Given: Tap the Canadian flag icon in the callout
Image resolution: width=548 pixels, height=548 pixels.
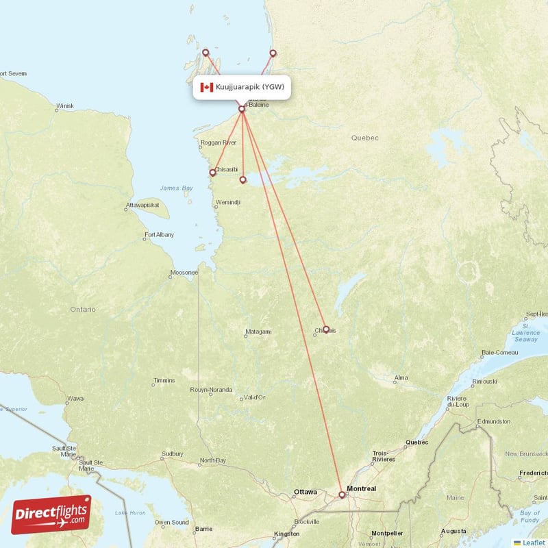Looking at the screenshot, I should click(206, 87).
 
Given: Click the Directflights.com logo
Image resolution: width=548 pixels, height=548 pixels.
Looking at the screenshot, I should click(51, 514).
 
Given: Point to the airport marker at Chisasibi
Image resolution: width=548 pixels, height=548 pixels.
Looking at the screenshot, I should click(212, 173).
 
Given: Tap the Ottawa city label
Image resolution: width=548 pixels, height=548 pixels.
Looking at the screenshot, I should click(305, 492).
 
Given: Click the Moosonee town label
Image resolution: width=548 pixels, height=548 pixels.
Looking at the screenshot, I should click(184, 272).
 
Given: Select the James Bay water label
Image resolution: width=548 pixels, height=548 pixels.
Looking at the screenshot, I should click(177, 188).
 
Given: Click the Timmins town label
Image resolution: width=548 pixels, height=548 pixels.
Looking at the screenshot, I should click(164, 380).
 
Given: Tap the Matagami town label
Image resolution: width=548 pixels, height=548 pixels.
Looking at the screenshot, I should click(258, 332).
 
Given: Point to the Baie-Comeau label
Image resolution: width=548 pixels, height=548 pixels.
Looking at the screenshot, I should click(499, 352).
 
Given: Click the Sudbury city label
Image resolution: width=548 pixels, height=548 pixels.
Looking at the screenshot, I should click(172, 453).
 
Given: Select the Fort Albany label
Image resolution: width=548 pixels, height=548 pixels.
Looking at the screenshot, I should click(159, 235).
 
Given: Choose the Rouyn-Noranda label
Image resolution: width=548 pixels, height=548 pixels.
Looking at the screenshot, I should click(210, 390).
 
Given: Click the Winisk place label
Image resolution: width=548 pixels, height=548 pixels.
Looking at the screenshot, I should click(65, 106).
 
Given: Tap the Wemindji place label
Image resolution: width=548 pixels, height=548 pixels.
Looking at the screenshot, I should click(227, 203).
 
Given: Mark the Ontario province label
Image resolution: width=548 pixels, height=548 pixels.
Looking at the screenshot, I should click(83, 309).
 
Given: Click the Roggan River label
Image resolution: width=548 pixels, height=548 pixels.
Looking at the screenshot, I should click(218, 142).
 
